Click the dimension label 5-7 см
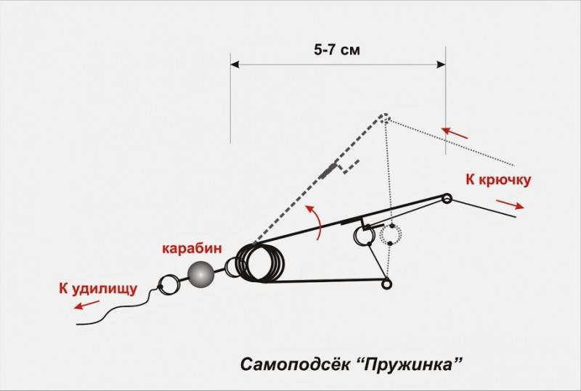click(337, 49)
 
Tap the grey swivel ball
click(201, 274)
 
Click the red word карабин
click(192, 248)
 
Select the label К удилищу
click(98, 289)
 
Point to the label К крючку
click(498, 180)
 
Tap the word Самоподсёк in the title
click(295, 364)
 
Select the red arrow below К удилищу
click(86, 305)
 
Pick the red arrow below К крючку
click(511, 205)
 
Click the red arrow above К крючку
click(455, 133)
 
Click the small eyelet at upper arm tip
click(447, 198)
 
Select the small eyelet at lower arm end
click(386, 284)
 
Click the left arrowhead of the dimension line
click(235, 65)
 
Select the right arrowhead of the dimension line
click(442, 65)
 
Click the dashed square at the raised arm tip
click(386, 118)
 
